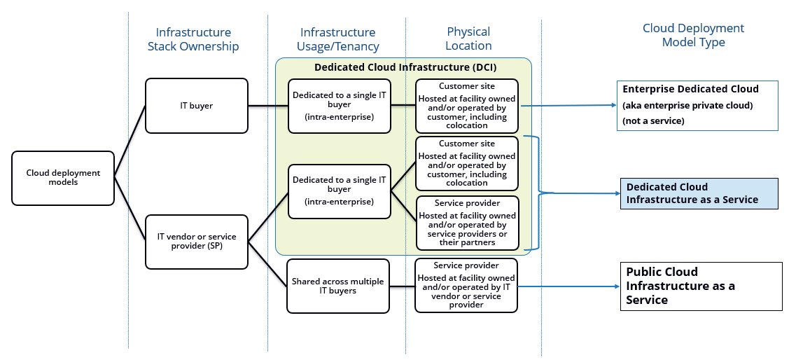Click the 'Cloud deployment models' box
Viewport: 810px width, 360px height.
coord(63,178)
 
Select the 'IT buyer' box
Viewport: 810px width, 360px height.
coord(197,106)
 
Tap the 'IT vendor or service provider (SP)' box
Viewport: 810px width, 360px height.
coord(197,242)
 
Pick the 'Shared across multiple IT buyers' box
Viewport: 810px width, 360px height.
coord(338,286)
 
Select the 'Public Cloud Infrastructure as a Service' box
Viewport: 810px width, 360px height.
coord(701,286)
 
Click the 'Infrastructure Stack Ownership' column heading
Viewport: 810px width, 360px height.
coord(193,39)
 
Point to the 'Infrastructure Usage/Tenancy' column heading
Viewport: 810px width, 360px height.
coord(337,39)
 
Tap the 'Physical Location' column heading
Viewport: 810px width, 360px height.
coord(468,39)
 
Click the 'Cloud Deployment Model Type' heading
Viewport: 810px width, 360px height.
coord(693,36)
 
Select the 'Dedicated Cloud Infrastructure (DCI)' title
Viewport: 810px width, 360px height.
coord(403,69)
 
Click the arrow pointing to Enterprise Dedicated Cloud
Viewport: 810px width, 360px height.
coord(567,106)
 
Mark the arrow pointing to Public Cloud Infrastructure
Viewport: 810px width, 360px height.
coord(567,286)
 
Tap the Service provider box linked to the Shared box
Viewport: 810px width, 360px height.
coord(466,285)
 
